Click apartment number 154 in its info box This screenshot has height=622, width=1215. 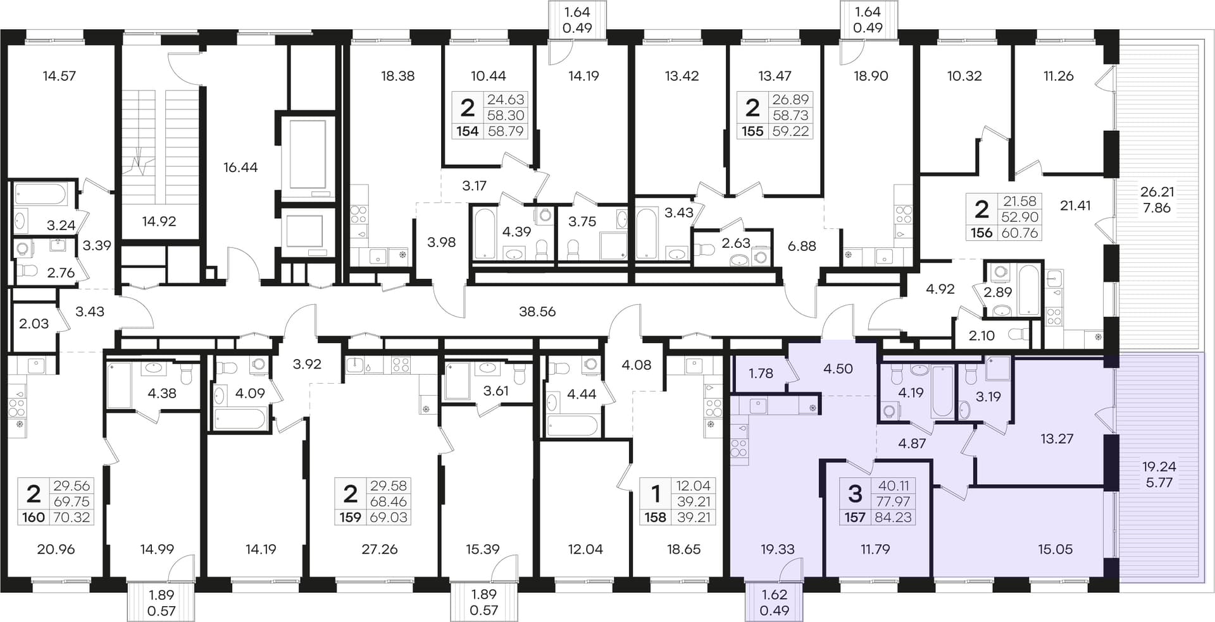pos(468,131)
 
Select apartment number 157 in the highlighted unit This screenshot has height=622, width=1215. pos(855,518)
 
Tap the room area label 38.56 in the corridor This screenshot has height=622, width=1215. pos(537,312)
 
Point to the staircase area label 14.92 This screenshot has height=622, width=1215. pos(159,221)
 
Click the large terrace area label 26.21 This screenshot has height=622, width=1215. pos(1157,192)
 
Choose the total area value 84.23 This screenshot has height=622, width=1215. pos(894,518)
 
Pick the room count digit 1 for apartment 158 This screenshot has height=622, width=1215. pos(656,493)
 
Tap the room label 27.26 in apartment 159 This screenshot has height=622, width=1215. pos(380,549)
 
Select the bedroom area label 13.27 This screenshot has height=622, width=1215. pos(1057,438)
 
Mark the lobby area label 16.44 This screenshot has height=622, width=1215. pos(240,168)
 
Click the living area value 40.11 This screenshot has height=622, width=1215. pos(894,485)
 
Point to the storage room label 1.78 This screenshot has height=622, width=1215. pos(761,373)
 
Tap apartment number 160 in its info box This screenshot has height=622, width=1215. pos(34,518)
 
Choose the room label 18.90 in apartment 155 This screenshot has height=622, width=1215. pos(871,76)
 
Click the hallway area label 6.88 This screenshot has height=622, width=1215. pos(802,246)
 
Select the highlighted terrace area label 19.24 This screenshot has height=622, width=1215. pos(1159,466)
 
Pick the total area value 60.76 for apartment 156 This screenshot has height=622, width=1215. pos(1020,233)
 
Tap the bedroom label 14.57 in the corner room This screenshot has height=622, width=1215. pos(59,76)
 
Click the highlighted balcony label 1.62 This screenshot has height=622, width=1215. pos(775,594)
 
